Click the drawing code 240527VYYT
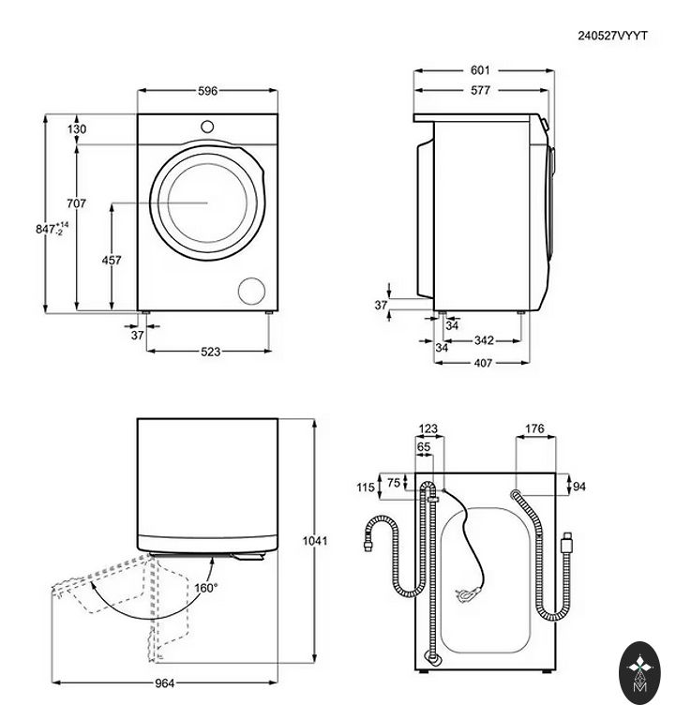[x=613, y=35]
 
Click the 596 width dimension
[x=207, y=91]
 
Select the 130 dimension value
[x=77, y=129]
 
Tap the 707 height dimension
[x=77, y=203]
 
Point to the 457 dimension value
[x=112, y=262]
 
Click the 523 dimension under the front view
[x=210, y=352]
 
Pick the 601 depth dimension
[x=480, y=70]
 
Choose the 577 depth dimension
[x=480, y=91]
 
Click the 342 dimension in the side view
[x=484, y=340]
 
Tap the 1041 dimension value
[x=315, y=541]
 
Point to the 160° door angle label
[x=205, y=588]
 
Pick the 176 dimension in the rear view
[x=534, y=429]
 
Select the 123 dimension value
[x=428, y=429]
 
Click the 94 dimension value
[x=579, y=487]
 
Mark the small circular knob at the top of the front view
[x=207, y=126]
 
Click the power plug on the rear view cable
[x=462, y=593]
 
